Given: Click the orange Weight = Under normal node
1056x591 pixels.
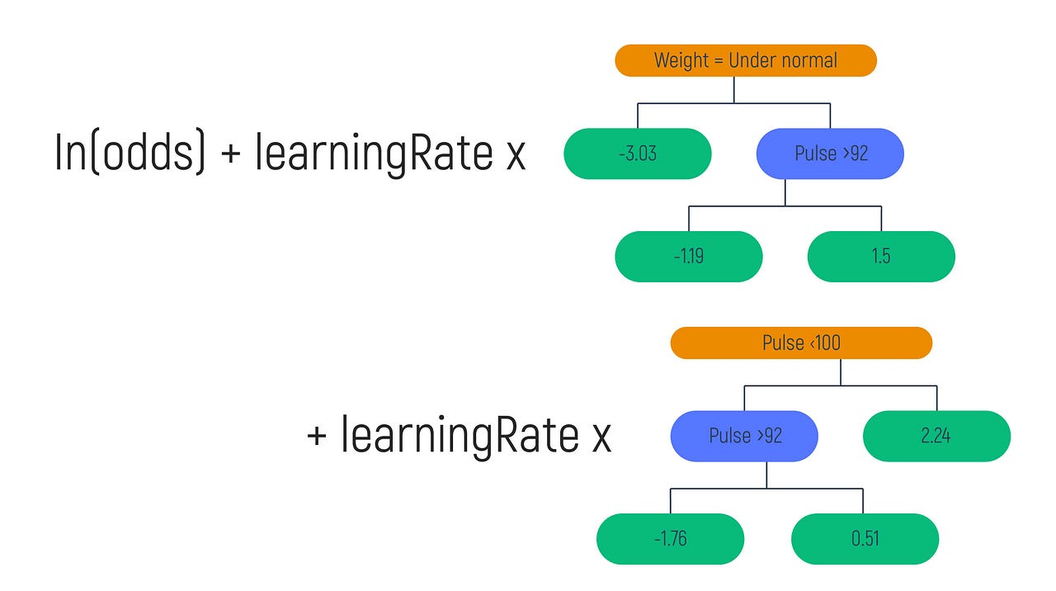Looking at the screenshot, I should [x=745, y=60].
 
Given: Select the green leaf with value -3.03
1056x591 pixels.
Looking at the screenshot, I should [x=637, y=154].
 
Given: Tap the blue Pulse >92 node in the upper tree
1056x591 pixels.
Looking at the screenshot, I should [x=830, y=154].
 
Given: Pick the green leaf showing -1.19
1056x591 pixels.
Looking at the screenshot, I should [x=688, y=256].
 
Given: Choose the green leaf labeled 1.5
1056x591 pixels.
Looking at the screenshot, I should [x=880, y=256].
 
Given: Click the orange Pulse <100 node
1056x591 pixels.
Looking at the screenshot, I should [x=800, y=343].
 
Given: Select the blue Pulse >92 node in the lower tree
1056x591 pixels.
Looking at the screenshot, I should [x=744, y=436].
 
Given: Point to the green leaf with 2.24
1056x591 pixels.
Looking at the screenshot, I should [x=936, y=436].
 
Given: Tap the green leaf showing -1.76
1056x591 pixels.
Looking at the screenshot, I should [x=670, y=539].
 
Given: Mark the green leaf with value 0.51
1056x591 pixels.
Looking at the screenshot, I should [x=864, y=539].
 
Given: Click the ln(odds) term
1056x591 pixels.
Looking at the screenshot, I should [x=130, y=153].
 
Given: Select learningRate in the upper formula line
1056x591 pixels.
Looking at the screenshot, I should [x=374, y=153].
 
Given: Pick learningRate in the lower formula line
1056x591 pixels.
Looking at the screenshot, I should [x=460, y=436].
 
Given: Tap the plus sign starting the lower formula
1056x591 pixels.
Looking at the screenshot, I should [x=318, y=437].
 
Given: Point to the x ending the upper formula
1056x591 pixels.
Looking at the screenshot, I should [x=516, y=156].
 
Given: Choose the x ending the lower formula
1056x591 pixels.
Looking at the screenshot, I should [x=601, y=439].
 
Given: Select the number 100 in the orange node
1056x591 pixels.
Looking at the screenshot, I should [x=826, y=343].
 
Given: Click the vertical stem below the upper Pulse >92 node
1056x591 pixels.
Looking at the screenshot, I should [x=785, y=192].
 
